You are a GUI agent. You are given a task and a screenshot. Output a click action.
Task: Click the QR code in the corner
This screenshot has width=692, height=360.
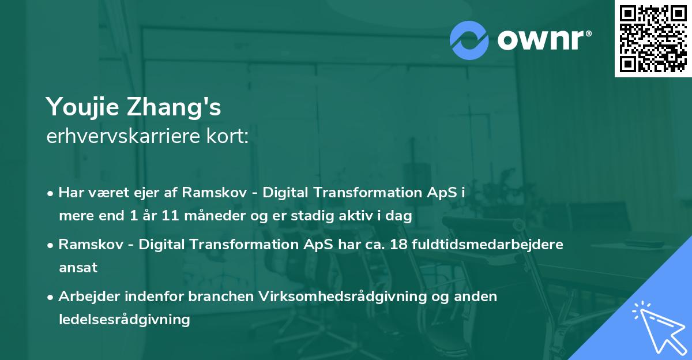pos(653,38)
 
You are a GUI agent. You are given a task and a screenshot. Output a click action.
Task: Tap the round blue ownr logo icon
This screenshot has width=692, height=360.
pos(469,40)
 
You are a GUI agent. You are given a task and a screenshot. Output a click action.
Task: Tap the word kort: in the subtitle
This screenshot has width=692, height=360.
pos(229,137)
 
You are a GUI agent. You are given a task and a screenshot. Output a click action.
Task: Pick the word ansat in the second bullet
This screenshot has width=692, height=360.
pos(78,267)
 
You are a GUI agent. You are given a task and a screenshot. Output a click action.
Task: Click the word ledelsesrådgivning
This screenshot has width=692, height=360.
pos(124,319)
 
